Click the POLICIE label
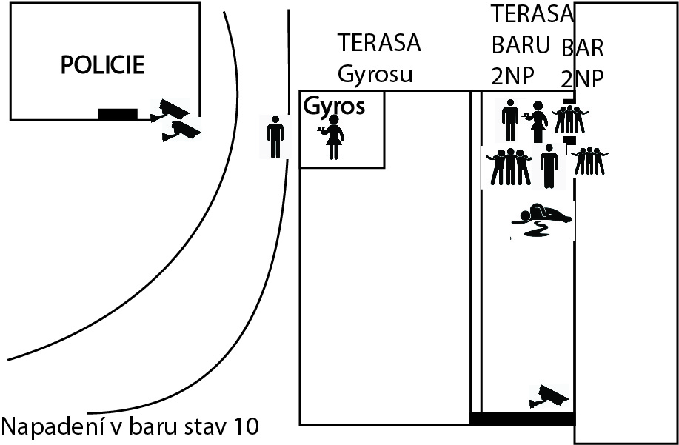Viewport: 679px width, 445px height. pos(102,65)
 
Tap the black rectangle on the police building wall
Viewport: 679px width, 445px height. pos(117,114)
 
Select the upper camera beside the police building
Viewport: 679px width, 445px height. pos(170,110)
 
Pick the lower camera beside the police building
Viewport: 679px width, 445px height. pos(181,131)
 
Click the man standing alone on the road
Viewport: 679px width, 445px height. pos(275,137)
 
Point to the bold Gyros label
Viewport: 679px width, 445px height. pos(334,106)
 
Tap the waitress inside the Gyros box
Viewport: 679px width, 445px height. pos(333,137)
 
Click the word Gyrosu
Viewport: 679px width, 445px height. pos(375,74)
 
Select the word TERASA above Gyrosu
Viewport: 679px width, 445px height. pos(379,42)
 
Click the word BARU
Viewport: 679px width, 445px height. pos(521,44)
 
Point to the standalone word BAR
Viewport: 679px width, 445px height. pos(582,48)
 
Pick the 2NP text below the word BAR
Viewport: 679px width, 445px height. pos(582,79)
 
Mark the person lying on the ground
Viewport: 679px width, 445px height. pos(541,219)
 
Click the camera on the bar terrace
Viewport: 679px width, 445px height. pos(549,396)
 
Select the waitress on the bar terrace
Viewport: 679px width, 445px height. pos(537,122)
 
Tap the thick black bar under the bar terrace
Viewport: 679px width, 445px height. pos(523,419)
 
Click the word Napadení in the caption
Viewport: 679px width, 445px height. pos(53,426)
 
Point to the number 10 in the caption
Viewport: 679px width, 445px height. pos(246,426)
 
